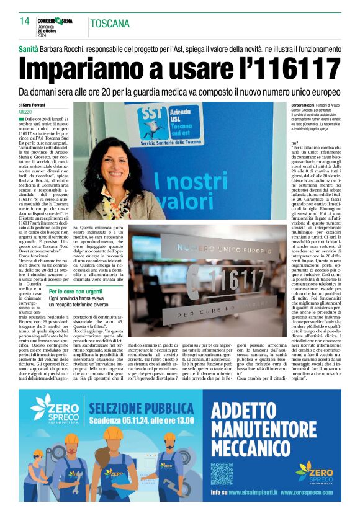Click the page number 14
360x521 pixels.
point(25,21)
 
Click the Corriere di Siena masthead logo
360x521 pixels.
point(55,20)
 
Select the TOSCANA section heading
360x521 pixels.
point(110,24)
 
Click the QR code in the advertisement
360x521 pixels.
point(222,472)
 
